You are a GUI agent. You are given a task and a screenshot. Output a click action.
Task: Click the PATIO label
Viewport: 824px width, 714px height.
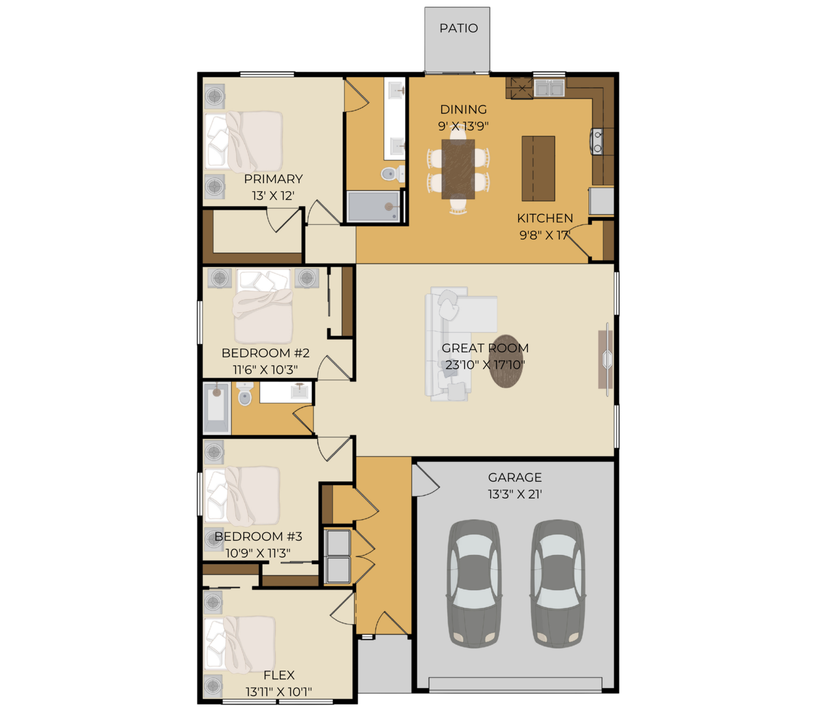459,28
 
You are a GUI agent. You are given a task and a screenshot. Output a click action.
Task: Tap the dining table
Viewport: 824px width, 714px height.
458,169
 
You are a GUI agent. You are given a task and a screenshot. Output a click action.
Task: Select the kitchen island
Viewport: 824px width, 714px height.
538,169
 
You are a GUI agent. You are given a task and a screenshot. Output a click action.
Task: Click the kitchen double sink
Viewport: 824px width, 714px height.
549,88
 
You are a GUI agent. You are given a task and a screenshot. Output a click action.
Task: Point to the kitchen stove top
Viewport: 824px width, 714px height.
597,142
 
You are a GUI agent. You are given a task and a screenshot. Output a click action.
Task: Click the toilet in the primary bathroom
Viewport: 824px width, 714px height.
392,174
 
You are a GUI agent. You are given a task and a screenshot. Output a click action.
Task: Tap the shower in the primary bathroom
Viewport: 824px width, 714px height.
374,207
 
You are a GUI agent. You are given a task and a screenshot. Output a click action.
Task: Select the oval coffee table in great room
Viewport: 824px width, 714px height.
506,361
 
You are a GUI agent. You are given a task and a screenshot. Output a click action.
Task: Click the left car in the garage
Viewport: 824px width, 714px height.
474,584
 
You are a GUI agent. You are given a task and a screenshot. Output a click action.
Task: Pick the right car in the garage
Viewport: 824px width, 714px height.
558,584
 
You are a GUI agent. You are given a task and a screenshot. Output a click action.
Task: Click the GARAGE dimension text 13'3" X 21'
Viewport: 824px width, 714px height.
515,494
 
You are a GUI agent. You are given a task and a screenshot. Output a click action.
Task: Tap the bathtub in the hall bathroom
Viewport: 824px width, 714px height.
216,408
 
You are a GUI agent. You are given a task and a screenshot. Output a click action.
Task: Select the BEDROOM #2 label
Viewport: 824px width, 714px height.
266,353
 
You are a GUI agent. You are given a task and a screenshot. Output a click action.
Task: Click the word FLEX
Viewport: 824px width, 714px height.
279,675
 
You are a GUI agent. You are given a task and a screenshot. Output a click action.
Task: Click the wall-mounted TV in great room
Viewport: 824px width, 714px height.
607,359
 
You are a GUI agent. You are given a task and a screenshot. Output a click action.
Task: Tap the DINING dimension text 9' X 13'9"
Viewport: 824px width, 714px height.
463,126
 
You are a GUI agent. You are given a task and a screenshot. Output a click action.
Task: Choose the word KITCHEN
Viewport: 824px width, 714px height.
545,218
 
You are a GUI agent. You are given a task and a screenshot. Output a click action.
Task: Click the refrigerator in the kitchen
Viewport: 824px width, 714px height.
602,201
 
